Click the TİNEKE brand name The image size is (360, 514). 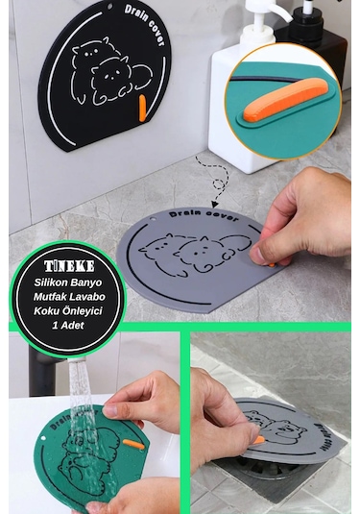pyautogui.click(x=69, y=266)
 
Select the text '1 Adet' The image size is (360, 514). pyautogui.click(x=68, y=325)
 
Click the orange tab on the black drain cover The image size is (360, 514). pyautogui.click(x=142, y=108)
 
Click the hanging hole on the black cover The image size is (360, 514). pyautogui.click(x=110, y=6)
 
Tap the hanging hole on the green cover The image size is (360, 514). pyautogui.click(x=43, y=438)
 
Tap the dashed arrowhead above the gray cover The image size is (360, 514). pyautogui.click(x=215, y=205)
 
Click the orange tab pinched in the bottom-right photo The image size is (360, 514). pyautogui.click(x=259, y=440)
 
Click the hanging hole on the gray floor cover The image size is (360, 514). pyautogui.click(x=153, y=219)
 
